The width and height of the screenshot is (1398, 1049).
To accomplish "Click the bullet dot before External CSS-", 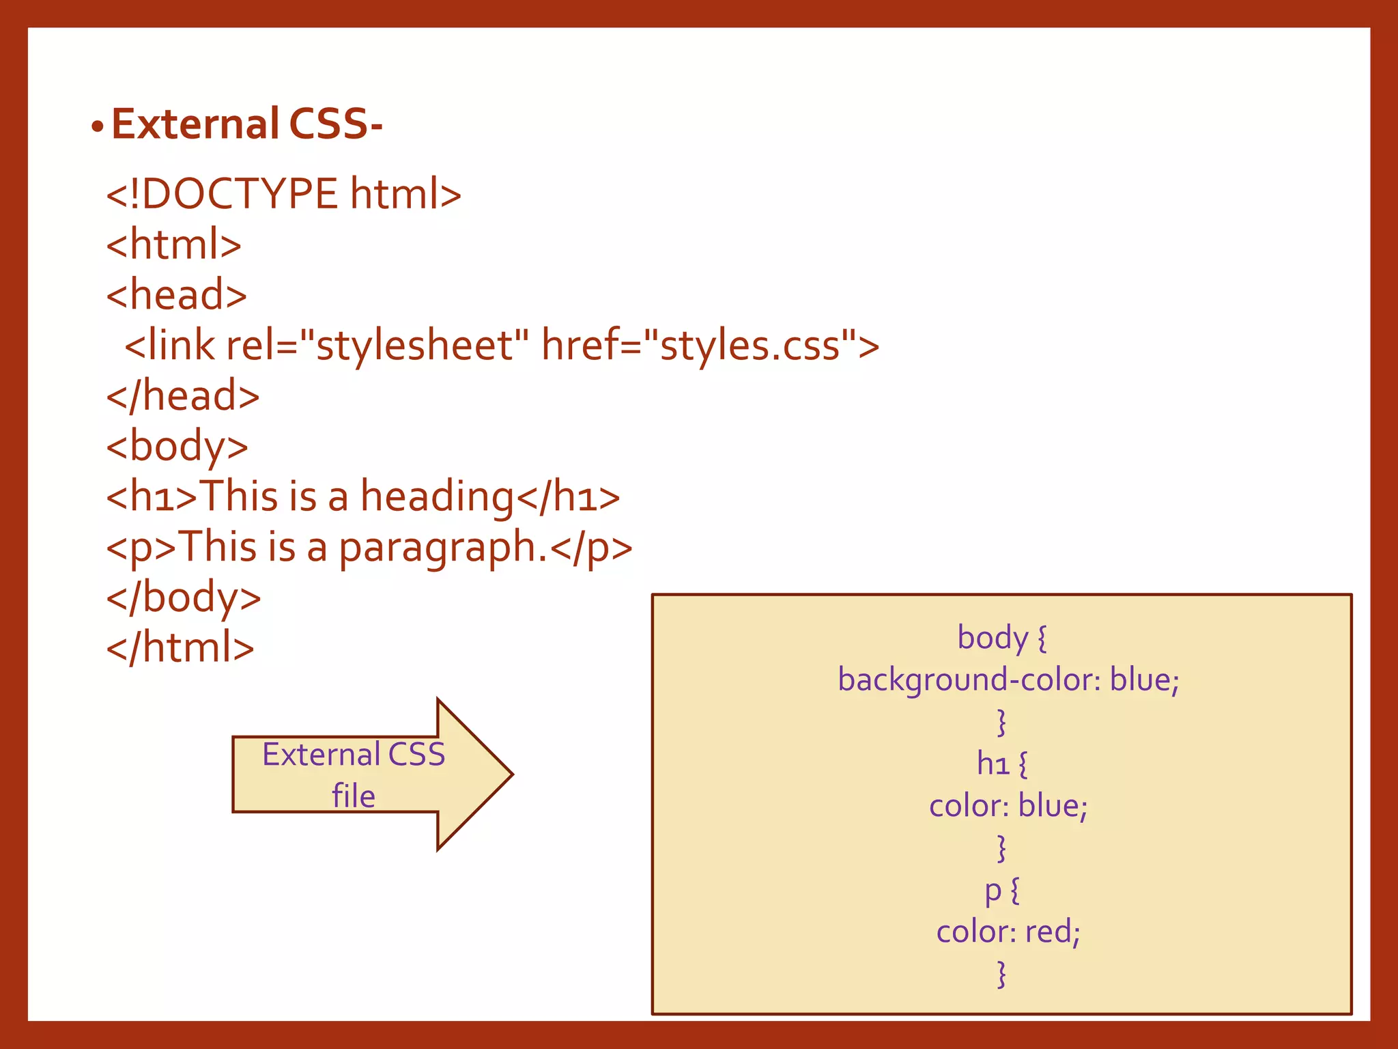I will click(98, 127).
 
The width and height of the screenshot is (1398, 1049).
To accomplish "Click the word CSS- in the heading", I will click(335, 124).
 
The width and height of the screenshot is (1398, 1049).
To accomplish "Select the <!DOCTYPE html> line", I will click(283, 194).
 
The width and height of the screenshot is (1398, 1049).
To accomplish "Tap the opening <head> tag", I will click(176, 295).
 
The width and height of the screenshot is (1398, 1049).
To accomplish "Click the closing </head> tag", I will click(183, 396).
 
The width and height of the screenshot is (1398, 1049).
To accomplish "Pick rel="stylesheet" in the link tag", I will click(377, 346).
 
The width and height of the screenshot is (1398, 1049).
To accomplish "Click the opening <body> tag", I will click(177, 447).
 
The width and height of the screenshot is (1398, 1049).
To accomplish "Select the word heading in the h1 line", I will click(437, 497).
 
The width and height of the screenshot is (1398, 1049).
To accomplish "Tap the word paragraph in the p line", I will click(437, 548).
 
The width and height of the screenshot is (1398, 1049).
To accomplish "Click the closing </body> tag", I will click(184, 598).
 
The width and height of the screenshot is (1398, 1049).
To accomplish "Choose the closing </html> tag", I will click(180, 648).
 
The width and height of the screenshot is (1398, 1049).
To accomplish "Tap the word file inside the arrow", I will click(354, 796).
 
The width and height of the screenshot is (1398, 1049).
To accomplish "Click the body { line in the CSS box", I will click(1001, 638).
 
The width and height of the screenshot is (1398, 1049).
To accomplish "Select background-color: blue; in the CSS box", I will click(1008, 680).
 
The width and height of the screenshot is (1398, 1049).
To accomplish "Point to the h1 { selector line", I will click(1001, 764).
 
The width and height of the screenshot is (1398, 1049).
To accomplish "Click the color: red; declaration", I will click(1008, 932).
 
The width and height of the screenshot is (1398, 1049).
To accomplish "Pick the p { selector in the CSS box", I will click(1001, 891).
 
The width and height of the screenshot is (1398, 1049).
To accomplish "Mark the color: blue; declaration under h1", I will click(1008, 806).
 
